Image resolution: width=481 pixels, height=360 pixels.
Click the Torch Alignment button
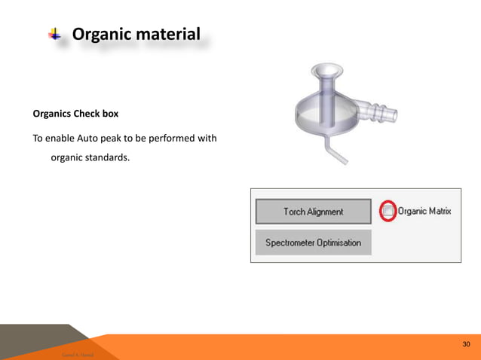coord(313,212)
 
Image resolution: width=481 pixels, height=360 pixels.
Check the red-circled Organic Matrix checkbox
coord(387,212)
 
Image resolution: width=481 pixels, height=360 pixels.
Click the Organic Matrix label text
coord(424,212)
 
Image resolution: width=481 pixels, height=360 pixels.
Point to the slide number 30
coord(467,344)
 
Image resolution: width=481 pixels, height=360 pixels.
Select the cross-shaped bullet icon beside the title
coord(55,34)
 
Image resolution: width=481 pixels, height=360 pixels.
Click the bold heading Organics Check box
coord(75,115)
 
